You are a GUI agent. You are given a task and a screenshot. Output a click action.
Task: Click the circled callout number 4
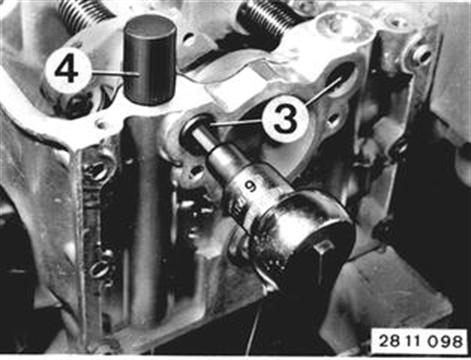pyautogui.click(x=68, y=71)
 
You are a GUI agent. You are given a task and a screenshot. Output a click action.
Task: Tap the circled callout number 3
pyautogui.click(x=284, y=120)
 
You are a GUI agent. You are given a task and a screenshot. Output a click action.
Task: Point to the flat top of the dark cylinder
pyautogui.click(x=150, y=26)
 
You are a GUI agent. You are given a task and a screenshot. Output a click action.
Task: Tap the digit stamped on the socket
pyautogui.click(x=249, y=188)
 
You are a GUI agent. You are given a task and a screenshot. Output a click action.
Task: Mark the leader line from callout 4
pyautogui.click(x=114, y=72)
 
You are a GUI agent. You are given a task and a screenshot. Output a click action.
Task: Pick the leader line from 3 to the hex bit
pyautogui.click(x=236, y=124)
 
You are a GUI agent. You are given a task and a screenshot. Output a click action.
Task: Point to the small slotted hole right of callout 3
pyautogui.click(x=331, y=117)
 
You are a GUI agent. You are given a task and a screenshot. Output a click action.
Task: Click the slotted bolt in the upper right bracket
pyautogui.click(x=420, y=52)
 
